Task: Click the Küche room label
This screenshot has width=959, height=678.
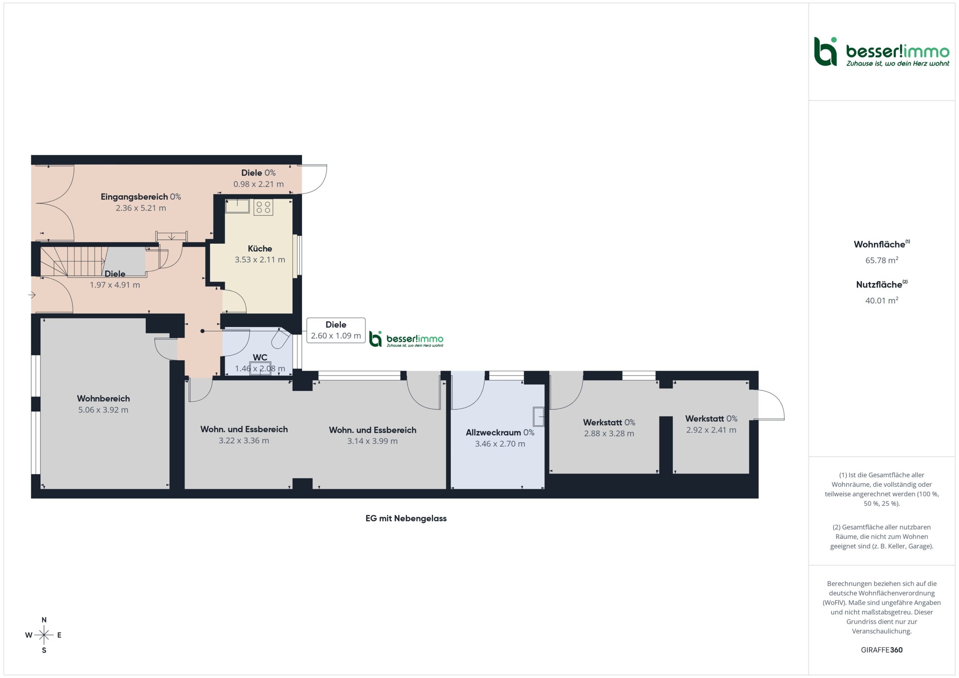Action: click(x=260, y=249)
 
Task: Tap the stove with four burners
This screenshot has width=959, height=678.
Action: click(x=263, y=207)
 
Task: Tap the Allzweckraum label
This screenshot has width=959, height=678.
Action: click(x=493, y=432)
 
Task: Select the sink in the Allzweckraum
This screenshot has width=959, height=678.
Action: click(x=539, y=416)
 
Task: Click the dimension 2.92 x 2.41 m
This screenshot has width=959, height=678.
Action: click(x=711, y=429)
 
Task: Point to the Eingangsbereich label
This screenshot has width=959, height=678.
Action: click(x=134, y=197)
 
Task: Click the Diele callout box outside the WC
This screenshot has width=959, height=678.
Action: click(x=336, y=330)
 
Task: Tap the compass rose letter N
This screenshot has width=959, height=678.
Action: click(x=44, y=620)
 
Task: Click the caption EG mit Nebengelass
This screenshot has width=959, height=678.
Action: click(x=406, y=518)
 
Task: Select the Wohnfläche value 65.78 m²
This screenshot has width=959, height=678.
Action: click(x=882, y=260)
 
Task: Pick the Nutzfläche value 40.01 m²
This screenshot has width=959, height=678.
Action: click(x=882, y=300)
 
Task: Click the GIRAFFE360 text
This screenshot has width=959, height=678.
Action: click(x=882, y=650)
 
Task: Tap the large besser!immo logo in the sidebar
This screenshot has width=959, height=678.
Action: click(x=882, y=52)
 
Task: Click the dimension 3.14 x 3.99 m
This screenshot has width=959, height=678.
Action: click(x=372, y=441)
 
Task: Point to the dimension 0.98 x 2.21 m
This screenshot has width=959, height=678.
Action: click(x=258, y=184)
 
